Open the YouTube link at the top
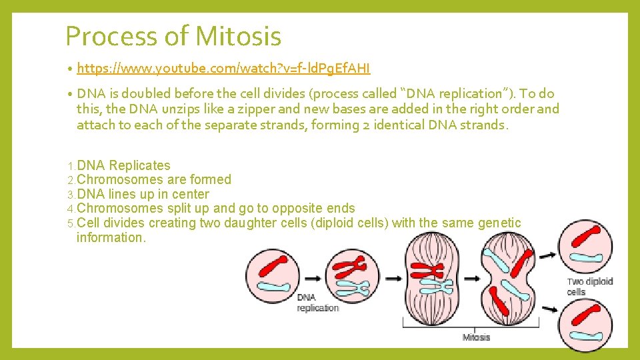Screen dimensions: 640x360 (x=223, y=69)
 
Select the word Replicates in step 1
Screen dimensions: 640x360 (x=139, y=165)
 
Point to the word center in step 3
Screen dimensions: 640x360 (x=190, y=194)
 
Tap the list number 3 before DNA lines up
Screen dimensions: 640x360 (x=71, y=195)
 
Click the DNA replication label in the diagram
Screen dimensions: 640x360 (x=317, y=303)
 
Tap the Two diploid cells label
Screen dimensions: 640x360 (x=589, y=287)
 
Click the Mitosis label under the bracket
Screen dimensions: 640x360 (x=476, y=337)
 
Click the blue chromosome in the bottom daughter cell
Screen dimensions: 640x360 (x=587, y=331)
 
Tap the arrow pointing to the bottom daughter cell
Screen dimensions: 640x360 (x=548, y=309)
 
